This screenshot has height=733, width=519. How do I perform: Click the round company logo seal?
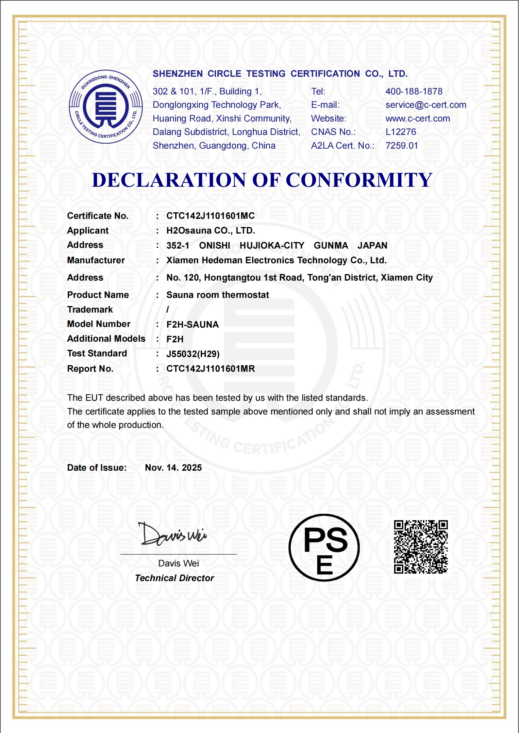(x=106, y=107)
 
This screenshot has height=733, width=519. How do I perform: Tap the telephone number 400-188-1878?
(x=414, y=91)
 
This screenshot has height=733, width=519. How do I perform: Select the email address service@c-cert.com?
(x=426, y=105)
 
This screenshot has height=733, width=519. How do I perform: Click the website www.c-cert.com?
(x=417, y=119)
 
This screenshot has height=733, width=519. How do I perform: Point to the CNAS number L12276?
(x=401, y=132)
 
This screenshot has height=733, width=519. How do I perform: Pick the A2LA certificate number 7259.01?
(x=402, y=146)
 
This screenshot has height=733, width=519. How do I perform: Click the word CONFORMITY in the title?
(x=359, y=180)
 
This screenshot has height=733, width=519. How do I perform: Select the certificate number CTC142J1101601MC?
(x=210, y=216)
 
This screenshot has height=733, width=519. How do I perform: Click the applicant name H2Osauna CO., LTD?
(x=210, y=231)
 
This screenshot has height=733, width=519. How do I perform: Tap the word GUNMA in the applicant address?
(x=331, y=246)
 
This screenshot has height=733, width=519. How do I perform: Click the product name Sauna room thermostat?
(x=217, y=295)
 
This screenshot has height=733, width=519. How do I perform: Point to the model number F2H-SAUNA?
(x=193, y=325)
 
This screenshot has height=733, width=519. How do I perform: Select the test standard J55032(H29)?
(x=193, y=354)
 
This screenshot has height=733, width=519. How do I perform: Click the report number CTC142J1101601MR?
(x=210, y=369)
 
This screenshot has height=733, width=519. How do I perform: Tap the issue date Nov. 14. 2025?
(x=173, y=468)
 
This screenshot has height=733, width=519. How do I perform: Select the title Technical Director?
(x=175, y=578)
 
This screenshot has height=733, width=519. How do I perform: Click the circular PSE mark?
(x=324, y=548)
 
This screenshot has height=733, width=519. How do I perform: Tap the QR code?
(x=421, y=547)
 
